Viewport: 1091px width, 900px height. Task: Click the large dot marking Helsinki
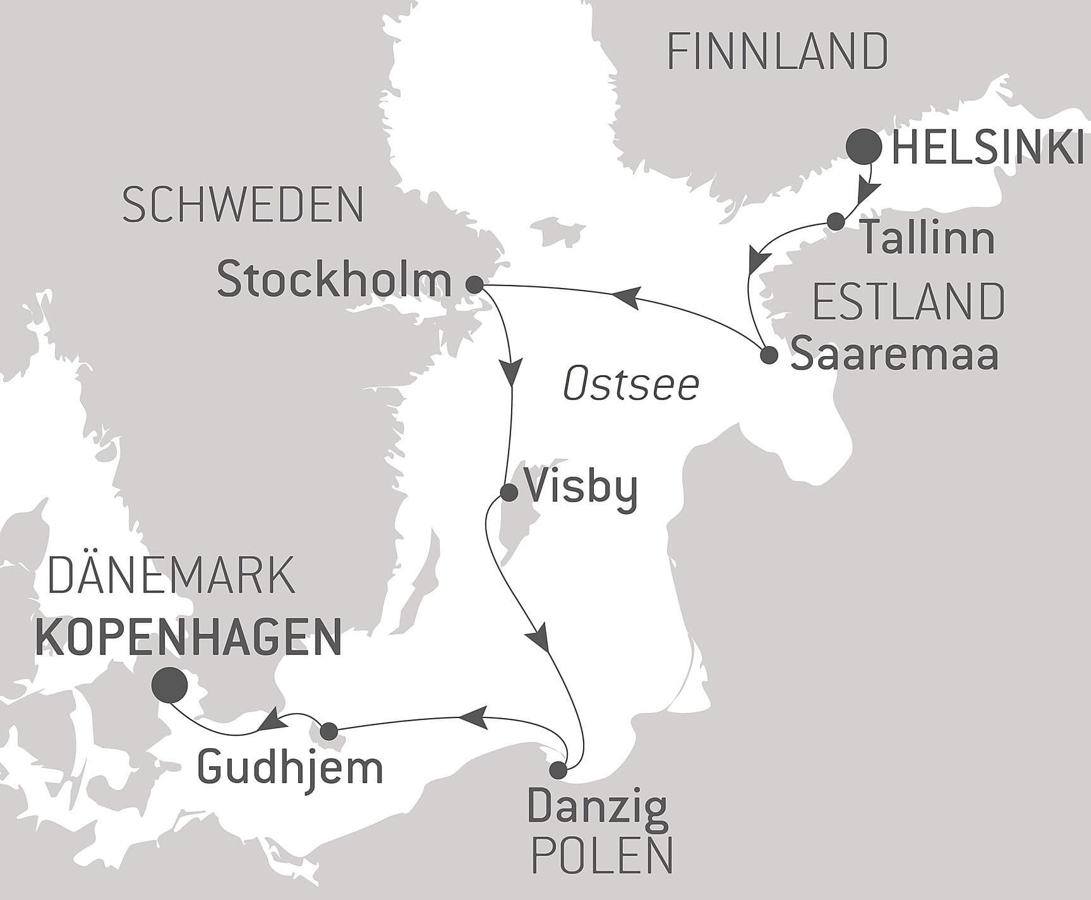point(864,147)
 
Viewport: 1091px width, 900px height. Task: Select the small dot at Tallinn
point(836,221)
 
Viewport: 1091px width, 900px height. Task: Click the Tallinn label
point(928,239)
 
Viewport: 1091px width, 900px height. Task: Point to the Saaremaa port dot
point(769,355)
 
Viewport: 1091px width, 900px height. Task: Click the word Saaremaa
point(895,354)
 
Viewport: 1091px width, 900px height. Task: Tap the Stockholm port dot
point(474,284)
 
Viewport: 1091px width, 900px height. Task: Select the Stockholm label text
point(334,280)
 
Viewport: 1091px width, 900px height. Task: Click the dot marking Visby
point(509,492)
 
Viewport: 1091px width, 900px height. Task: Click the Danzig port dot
point(558,770)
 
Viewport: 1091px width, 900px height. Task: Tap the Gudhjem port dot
point(329,731)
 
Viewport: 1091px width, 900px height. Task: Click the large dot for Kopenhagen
point(169,685)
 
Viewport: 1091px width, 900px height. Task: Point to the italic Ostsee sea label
point(631,385)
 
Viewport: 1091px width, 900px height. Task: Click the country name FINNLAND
point(778,52)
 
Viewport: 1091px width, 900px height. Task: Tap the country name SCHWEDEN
point(243,205)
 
